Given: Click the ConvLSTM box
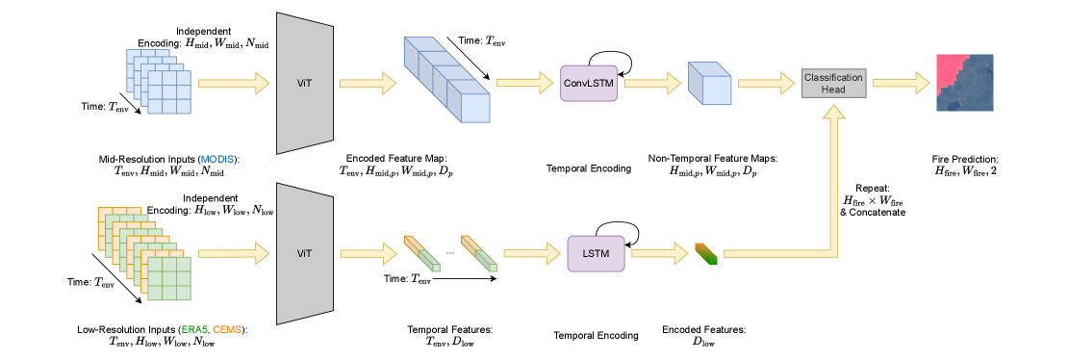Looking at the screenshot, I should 589,83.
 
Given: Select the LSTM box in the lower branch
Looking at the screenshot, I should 596,253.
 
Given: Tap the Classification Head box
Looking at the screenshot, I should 833,83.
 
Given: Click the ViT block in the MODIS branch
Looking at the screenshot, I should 304,83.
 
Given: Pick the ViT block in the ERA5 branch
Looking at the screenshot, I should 304,253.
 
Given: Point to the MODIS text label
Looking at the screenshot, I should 216,159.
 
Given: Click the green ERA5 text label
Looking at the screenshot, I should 194,329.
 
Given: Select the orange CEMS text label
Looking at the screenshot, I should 227,329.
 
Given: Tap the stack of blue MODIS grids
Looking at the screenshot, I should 159,82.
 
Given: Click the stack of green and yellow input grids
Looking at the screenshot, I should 144,253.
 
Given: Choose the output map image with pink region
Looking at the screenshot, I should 964,83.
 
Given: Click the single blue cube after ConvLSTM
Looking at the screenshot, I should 710,84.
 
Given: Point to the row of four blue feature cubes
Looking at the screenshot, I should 446,80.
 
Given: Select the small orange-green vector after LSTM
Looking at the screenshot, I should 706,253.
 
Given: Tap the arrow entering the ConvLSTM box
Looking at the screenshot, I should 524,83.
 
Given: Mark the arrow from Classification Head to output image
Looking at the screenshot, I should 901,83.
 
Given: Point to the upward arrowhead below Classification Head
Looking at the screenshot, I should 833,114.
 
